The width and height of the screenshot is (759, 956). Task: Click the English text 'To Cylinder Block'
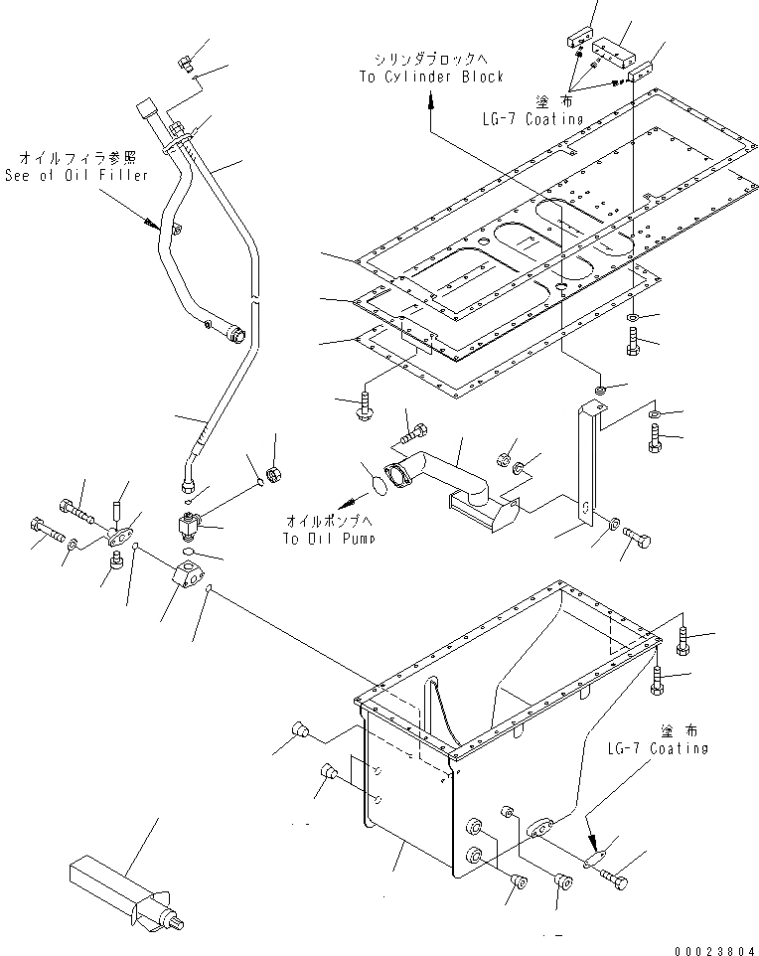click(431, 77)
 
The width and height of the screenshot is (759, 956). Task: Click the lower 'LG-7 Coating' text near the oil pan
click(660, 747)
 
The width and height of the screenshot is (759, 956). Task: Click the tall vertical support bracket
click(588, 457)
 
